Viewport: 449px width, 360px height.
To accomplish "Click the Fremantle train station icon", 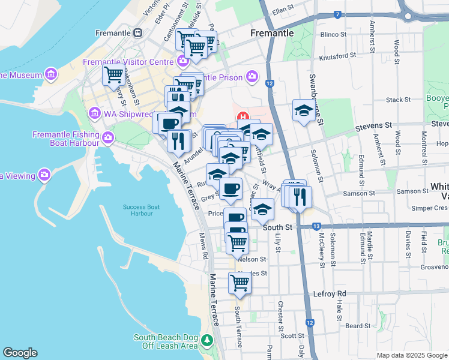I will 138,32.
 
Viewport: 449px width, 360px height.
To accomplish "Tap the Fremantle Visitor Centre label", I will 129,61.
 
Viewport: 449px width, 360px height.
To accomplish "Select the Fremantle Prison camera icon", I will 252,77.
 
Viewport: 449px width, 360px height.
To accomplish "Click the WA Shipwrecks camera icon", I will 94,113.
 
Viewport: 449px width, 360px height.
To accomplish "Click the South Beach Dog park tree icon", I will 207,341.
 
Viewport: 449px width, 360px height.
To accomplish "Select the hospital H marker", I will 243,116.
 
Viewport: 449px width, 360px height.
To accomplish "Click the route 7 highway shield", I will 338,14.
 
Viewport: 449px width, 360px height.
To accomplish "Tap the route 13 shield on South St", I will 316,226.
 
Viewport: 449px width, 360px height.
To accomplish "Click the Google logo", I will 20,353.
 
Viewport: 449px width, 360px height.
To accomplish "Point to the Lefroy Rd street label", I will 330,293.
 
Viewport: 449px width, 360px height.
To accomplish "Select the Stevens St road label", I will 373,125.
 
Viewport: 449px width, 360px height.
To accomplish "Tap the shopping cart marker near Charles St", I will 240,282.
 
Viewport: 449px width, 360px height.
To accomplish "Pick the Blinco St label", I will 334,34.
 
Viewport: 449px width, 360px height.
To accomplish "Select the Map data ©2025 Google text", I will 412,355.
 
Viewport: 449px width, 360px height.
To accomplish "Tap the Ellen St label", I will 285,11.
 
